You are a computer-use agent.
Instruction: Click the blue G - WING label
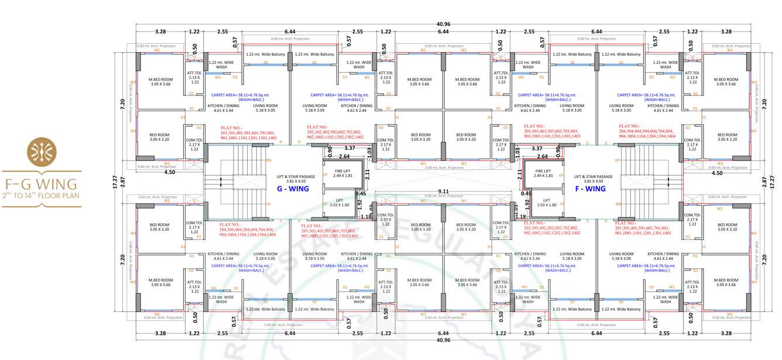point(293,188)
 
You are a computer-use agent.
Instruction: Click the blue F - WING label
point(590,188)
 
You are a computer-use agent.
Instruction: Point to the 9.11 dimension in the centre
point(443,191)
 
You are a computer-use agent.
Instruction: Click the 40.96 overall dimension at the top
point(443,24)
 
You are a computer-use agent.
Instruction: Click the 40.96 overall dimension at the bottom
point(443,340)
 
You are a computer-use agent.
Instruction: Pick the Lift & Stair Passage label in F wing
point(593,179)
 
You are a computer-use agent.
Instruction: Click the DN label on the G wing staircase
point(269,159)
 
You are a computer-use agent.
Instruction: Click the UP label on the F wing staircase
point(616,159)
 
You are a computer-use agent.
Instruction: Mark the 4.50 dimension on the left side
point(170,173)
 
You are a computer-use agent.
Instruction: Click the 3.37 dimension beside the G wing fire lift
point(350,148)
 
